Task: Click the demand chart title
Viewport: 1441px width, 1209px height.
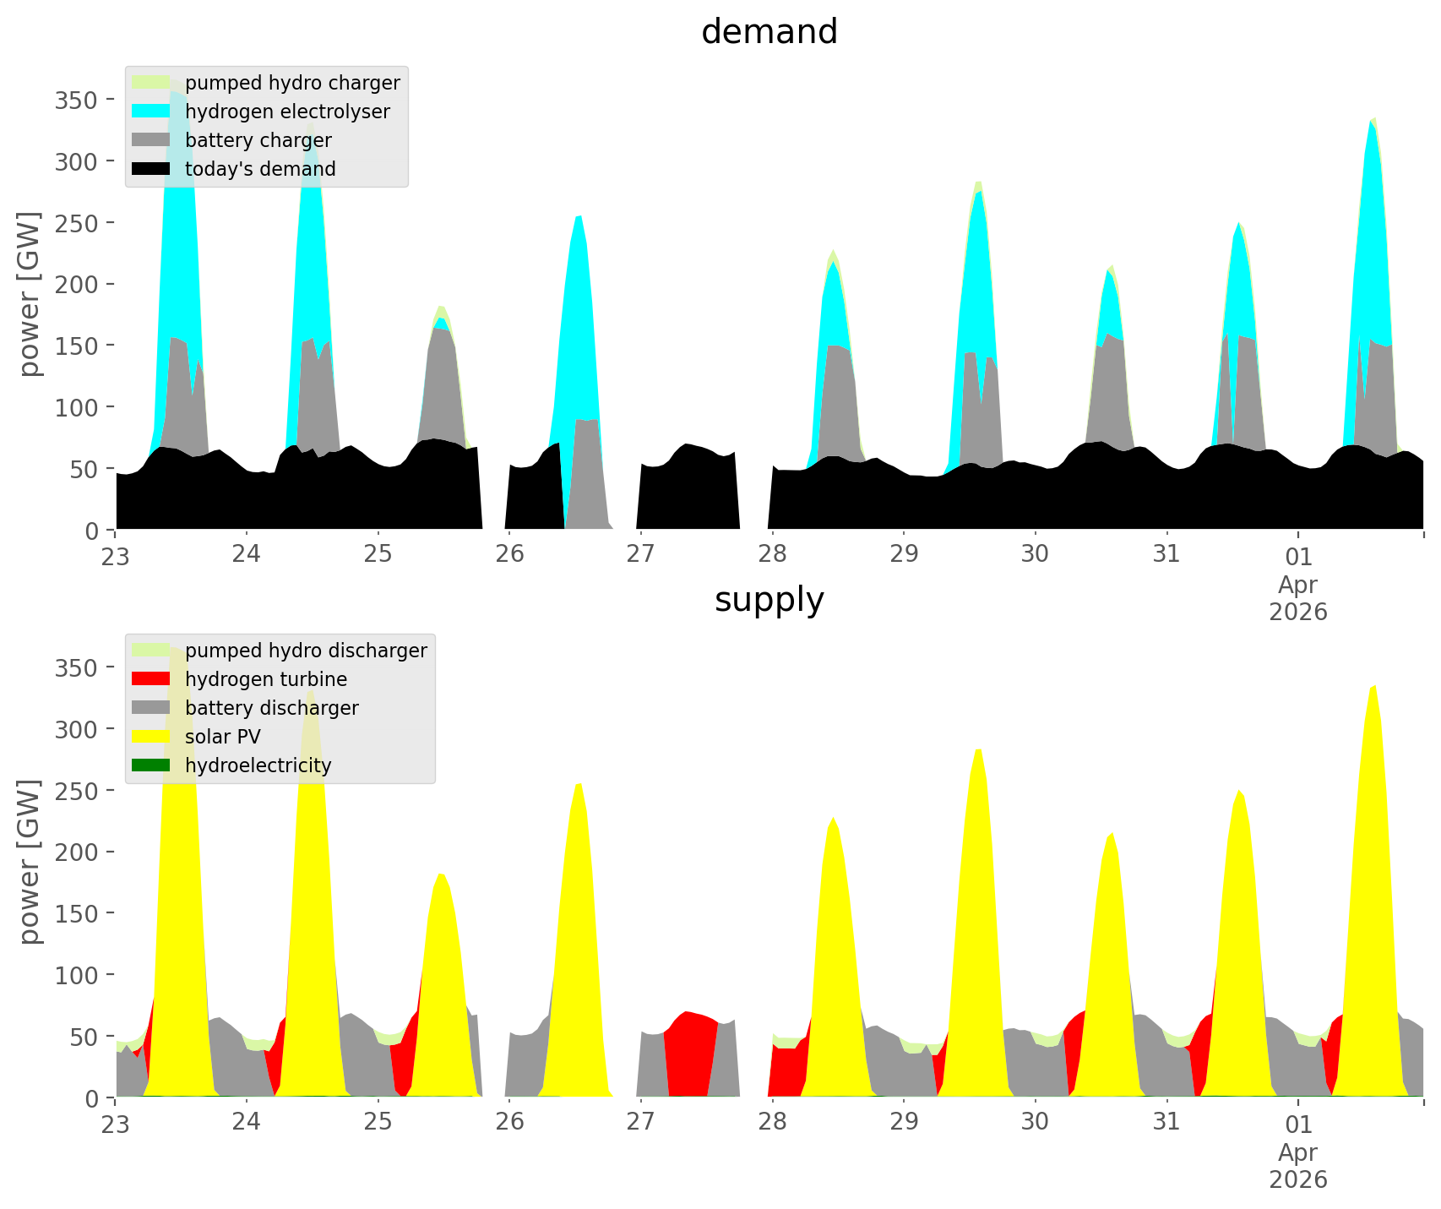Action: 769,32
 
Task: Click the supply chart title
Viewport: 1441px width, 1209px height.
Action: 769,600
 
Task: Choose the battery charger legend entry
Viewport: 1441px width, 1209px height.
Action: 258,140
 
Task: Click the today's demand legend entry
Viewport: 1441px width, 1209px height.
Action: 259,169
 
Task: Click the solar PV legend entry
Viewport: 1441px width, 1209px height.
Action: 222,737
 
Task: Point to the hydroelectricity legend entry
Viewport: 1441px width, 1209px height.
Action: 258,765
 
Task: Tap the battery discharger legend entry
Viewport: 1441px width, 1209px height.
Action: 271,708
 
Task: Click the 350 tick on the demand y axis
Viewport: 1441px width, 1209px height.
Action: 77,100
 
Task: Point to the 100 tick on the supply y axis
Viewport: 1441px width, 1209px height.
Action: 77,975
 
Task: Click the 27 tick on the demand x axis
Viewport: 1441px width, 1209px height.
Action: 641,554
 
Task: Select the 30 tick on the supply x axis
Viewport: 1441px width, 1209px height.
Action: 1035,1122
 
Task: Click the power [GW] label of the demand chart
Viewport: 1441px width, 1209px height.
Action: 30,294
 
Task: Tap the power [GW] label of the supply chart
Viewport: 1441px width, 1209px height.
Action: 30,862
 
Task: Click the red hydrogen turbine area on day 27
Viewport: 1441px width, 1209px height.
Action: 688,1056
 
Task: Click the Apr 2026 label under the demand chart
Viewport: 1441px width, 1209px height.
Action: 1298,597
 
